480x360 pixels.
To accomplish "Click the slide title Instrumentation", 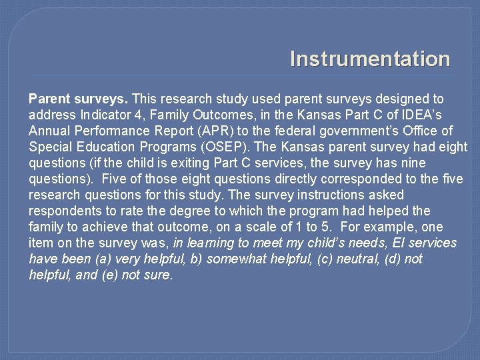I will pos(370,59).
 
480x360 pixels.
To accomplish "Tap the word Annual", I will pos(48,131).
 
